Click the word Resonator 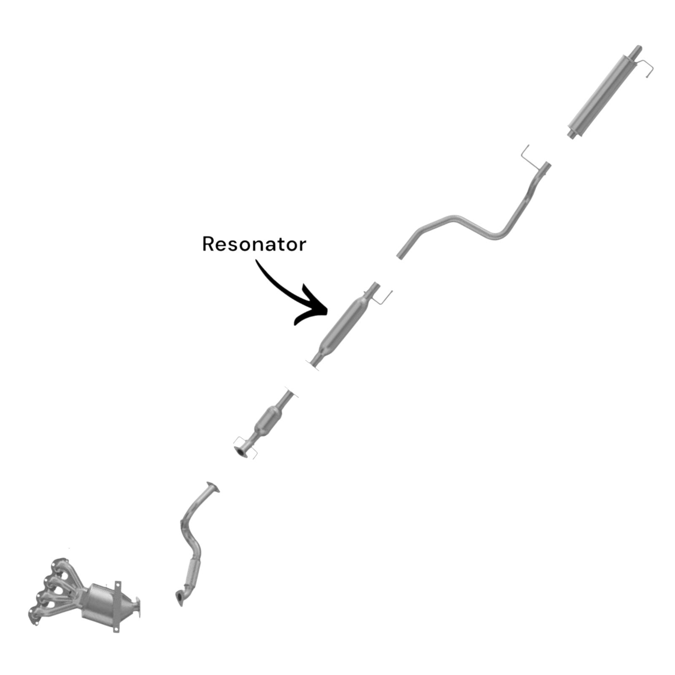point(254,244)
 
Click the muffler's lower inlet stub point(571,134)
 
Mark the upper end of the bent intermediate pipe point(547,165)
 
